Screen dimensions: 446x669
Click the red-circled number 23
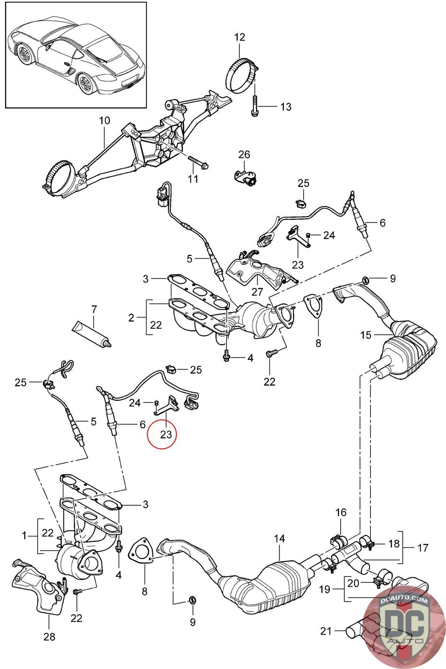(166, 434)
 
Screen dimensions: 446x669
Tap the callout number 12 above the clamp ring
(240, 37)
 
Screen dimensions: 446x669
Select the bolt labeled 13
(254, 106)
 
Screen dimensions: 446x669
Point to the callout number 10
(104, 121)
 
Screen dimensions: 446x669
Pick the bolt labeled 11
(198, 162)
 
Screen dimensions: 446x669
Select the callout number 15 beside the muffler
(366, 335)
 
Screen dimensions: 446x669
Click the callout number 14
(279, 539)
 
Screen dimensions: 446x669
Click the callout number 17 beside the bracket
(423, 548)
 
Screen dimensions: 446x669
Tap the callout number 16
(341, 513)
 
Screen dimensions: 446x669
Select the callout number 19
(325, 589)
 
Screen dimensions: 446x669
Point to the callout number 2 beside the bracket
(131, 318)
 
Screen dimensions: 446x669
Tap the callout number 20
(353, 583)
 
